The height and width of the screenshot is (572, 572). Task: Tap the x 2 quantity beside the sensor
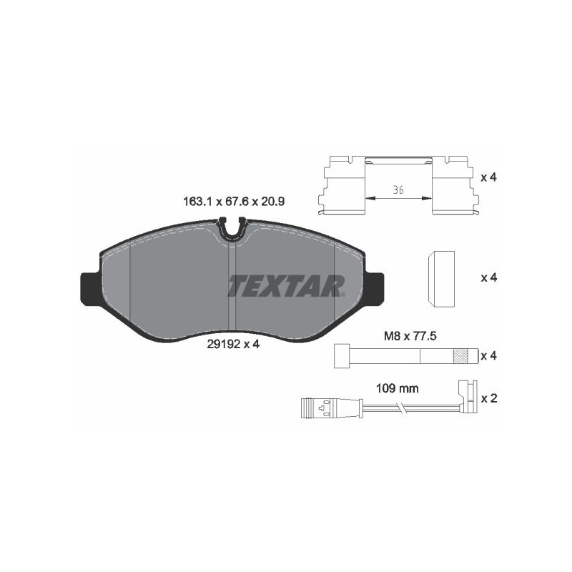click(x=488, y=398)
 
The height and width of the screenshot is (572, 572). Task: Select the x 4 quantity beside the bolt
click(x=488, y=355)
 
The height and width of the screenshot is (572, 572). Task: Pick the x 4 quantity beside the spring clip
click(x=488, y=176)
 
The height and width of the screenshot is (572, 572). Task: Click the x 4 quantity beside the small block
click(x=488, y=277)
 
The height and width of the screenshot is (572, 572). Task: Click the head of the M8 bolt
click(x=341, y=355)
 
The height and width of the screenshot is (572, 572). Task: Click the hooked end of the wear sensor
click(x=465, y=393)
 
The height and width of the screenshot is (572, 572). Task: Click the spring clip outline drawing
click(x=398, y=184)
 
